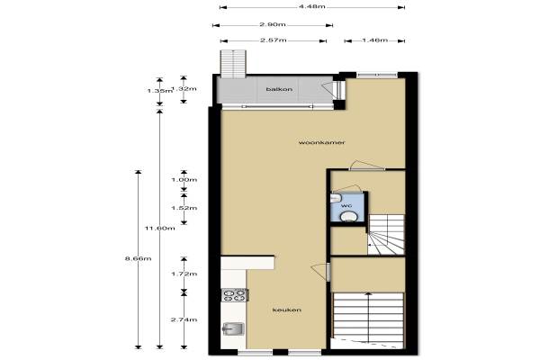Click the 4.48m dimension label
coord(312,6)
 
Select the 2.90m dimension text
coord(273,24)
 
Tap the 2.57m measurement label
coord(273,40)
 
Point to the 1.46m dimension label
coord(375,40)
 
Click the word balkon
coord(279,89)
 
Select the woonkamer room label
coord(321,142)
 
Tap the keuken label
coord(287,310)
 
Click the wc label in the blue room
coord(346,206)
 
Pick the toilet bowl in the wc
coord(348,217)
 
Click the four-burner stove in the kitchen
coord(235,295)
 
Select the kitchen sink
coord(233,329)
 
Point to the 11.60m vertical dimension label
coord(160,228)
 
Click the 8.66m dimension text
coord(138,258)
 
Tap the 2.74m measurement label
coord(184,319)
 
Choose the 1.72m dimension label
coord(184,274)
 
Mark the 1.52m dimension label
coord(184,208)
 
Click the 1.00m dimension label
coord(184,180)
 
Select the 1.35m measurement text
coord(159,91)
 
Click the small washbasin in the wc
coord(336,198)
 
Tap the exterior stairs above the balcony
coord(233,64)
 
